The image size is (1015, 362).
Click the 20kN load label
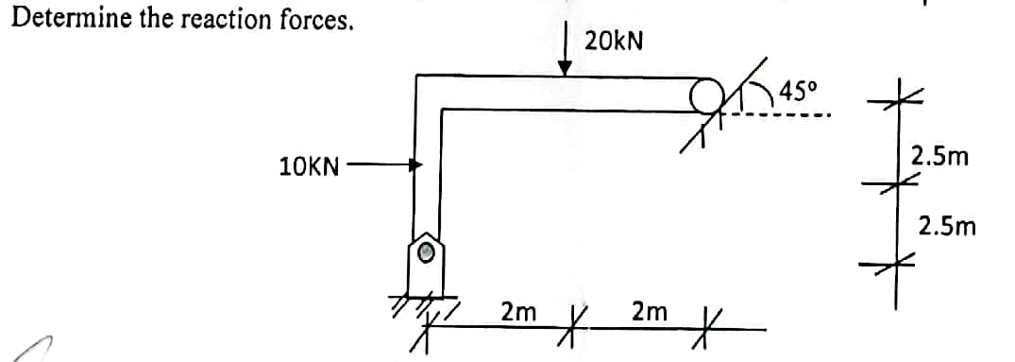(614, 41)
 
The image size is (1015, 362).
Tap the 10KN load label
(309, 167)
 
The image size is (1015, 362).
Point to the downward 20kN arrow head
(565, 68)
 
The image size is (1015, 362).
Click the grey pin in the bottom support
(427, 251)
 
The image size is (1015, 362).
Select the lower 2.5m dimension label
(947, 227)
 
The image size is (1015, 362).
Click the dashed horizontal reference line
(784, 116)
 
